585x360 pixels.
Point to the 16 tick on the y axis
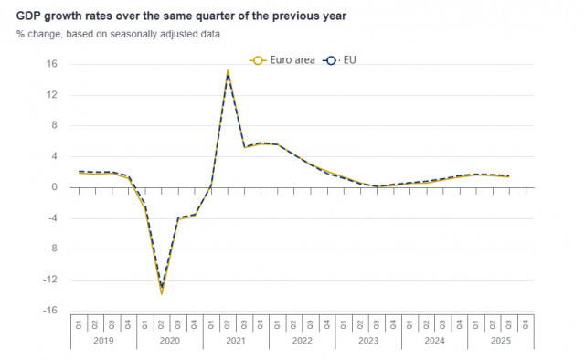point(52,64)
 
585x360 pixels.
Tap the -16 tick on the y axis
point(50,310)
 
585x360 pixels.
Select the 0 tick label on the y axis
point(55,187)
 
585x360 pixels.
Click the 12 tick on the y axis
point(52,95)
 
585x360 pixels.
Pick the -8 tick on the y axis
point(52,249)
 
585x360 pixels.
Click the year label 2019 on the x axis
point(104,340)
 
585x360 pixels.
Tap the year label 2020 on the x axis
point(170,340)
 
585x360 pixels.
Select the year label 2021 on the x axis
point(236,340)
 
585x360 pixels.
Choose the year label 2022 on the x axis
point(303,340)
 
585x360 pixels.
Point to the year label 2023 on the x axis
point(368,340)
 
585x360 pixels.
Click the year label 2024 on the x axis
point(434,340)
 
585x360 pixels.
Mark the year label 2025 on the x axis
point(500,340)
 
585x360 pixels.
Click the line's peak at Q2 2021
point(228,71)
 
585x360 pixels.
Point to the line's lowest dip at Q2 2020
point(162,291)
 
